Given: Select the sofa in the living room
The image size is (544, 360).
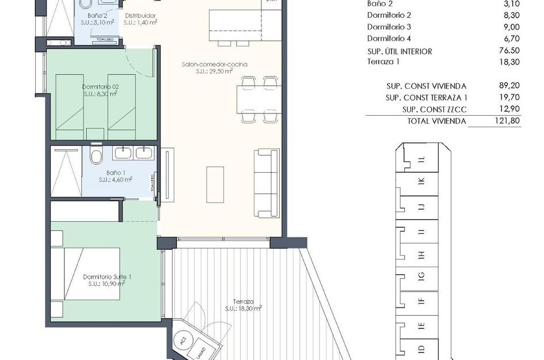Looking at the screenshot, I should pyautogui.click(x=266, y=183).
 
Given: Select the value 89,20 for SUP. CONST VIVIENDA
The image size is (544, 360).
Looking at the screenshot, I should pyautogui.click(x=509, y=86).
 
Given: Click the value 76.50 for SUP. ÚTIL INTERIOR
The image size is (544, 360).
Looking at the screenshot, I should pyautogui.click(x=509, y=51).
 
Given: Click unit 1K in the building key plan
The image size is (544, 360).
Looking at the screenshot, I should pyautogui.click(x=421, y=181).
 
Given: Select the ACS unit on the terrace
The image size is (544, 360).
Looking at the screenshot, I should pyautogui.click(x=184, y=342).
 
